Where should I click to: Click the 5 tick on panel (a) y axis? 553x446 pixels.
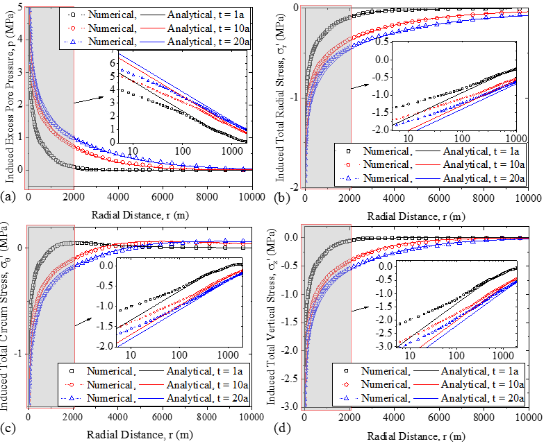coord(22,7)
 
